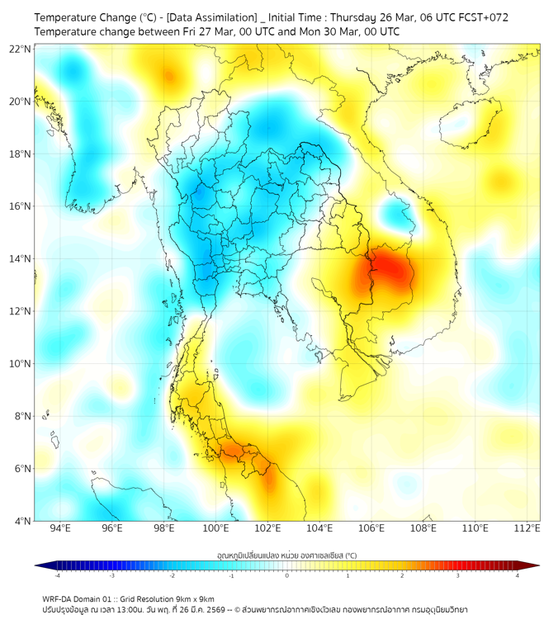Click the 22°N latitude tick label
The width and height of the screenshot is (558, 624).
(x=21, y=49)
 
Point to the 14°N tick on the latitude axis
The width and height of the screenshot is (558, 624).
(x=21, y=258)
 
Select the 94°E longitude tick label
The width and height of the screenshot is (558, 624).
(x=60, y=528)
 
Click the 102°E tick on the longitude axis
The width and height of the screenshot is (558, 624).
(x=267, y=528)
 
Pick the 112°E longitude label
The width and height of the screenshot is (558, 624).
(x=527, y=528)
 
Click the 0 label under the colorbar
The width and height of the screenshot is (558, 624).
(x=287, y=575)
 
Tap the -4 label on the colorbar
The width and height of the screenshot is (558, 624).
(x=56, y=575)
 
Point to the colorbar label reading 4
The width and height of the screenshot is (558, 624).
(x=518, y=575)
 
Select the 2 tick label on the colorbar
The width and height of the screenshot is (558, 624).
(x=403, y=575)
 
